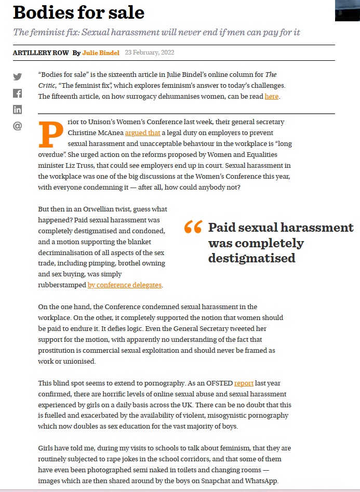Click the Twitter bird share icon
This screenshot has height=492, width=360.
tap(18, 77)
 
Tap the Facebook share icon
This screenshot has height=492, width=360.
tap(18, 94)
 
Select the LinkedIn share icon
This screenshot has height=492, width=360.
tap(18, 110)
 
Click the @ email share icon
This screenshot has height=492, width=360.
tap(18, 126)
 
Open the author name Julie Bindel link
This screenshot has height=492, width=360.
tap(101, 52)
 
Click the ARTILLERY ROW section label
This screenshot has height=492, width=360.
tap(40, 52)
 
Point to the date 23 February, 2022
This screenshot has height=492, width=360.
tap(149, 52)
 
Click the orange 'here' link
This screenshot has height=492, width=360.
tap(271, 96)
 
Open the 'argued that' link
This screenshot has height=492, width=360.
tap(142, 133)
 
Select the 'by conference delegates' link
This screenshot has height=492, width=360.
tap(125, 285)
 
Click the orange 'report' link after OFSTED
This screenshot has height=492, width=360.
tap(244, 383)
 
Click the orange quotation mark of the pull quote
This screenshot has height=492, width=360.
tap(193, 227)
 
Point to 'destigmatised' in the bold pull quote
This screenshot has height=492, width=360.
tap(251, 258)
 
